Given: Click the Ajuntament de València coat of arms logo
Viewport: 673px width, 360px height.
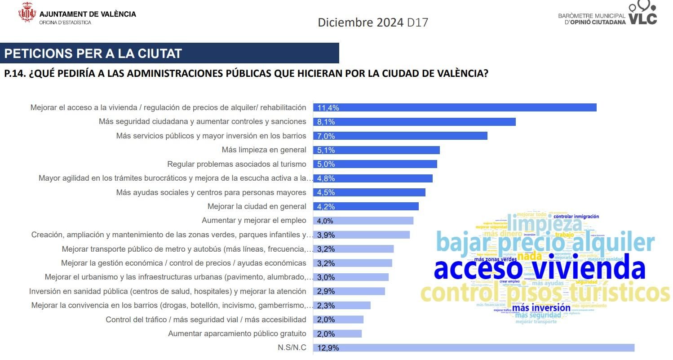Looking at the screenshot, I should point(27,13).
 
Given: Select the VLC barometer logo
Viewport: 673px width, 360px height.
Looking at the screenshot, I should point(642,13).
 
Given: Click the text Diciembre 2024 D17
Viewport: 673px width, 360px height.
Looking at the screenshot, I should point(373,22).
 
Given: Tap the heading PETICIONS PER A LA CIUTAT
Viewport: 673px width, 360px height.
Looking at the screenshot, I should point(93,53).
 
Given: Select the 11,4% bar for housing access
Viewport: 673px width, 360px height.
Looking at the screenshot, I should point(455,107).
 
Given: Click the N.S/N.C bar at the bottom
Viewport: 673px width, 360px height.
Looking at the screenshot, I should point(474,347).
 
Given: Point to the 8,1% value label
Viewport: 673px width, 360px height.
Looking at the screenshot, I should point(326,122).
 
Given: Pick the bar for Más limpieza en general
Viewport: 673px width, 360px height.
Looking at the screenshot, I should point(376,150).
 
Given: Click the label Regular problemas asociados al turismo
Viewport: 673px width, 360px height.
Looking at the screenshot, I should point(236,164).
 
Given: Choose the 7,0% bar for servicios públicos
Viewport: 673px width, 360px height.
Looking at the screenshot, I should point(400,136).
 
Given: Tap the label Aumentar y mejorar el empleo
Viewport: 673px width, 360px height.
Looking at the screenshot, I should point(254,221).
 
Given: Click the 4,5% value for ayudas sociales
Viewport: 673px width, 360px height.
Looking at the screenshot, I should point(326,192).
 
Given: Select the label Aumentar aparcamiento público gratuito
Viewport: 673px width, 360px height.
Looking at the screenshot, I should point(237,333).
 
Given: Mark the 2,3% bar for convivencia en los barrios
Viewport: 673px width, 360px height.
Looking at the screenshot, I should point(341,305).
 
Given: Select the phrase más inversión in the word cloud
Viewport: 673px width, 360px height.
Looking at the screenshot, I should point(541,308).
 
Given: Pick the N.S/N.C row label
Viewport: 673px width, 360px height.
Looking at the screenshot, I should point(292,347).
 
